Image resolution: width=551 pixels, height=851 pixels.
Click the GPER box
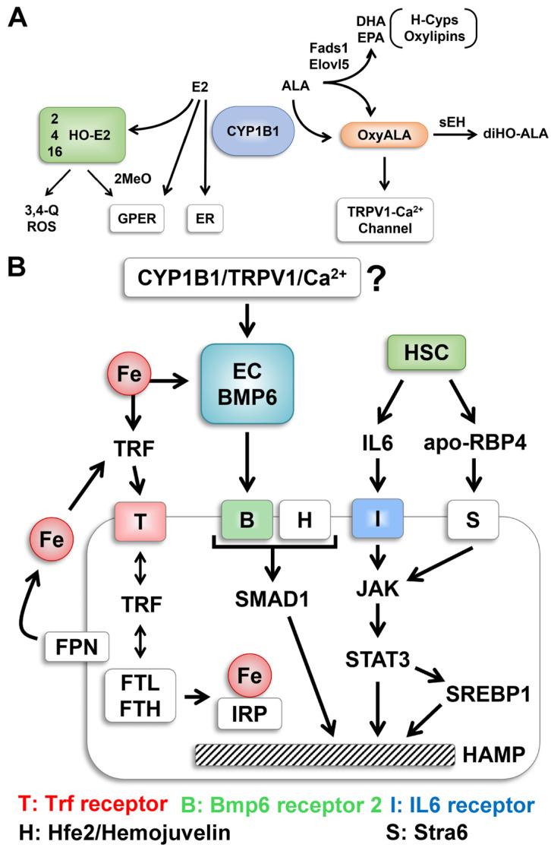point(136,217)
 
